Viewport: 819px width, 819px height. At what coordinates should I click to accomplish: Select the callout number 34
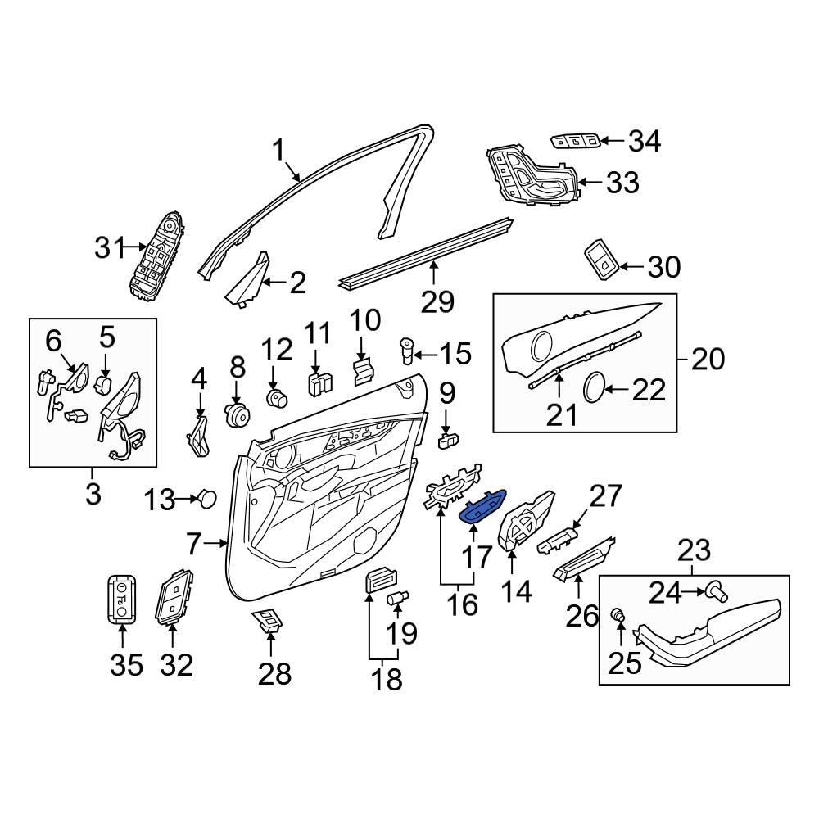[644, 142]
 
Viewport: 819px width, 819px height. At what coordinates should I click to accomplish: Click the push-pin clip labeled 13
[209, 497]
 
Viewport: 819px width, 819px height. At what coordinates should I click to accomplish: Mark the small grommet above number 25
[620, 613]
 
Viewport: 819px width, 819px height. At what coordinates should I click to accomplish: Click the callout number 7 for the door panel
[193, 542]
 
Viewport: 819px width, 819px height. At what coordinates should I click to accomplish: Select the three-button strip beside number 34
[577, 141]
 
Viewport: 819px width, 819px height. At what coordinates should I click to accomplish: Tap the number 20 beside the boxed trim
[708, 359]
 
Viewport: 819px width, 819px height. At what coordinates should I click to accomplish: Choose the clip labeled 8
[238, 414]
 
